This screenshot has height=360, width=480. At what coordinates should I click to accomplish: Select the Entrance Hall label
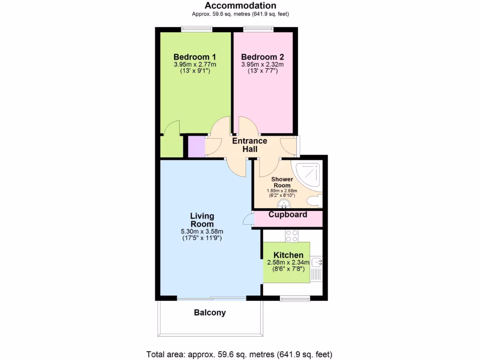coord(249,145)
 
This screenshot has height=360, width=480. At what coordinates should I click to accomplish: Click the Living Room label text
coord(202,220)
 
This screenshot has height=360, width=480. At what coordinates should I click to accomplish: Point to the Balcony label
coord(210,313)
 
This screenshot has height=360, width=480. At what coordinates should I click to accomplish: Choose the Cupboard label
coord(288,215)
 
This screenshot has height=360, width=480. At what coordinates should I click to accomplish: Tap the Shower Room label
coord(283,182)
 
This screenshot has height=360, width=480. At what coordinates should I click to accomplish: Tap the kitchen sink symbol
coord(317,262)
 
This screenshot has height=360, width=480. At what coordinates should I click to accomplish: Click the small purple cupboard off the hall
coord(196,146)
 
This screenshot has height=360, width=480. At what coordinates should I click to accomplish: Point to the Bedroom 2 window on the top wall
coord(258,29)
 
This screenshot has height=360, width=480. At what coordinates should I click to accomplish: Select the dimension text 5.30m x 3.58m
coord(202,232)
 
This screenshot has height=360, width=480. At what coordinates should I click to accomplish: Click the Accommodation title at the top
coord(240,6)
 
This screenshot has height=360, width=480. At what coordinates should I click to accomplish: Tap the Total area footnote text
coord(240,354)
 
